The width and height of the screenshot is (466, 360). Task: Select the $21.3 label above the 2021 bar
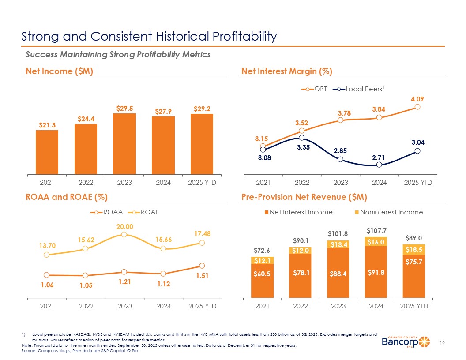[x=46, y=125]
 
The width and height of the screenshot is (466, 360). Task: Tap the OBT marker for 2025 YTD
[x=417, y=107]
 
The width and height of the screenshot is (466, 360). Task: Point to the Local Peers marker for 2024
[x=379, y=165]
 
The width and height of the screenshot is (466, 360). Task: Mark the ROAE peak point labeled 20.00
[x=124, y=234]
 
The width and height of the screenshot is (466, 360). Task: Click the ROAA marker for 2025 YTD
[x=202, y=266]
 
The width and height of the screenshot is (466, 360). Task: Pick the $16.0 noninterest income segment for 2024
[x=376, y=241]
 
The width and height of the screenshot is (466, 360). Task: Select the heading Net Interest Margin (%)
[x=287, y=71]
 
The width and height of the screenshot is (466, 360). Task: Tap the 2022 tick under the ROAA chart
[x=86, y=306]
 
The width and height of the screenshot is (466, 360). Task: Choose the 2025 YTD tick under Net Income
[x=202, y=182]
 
